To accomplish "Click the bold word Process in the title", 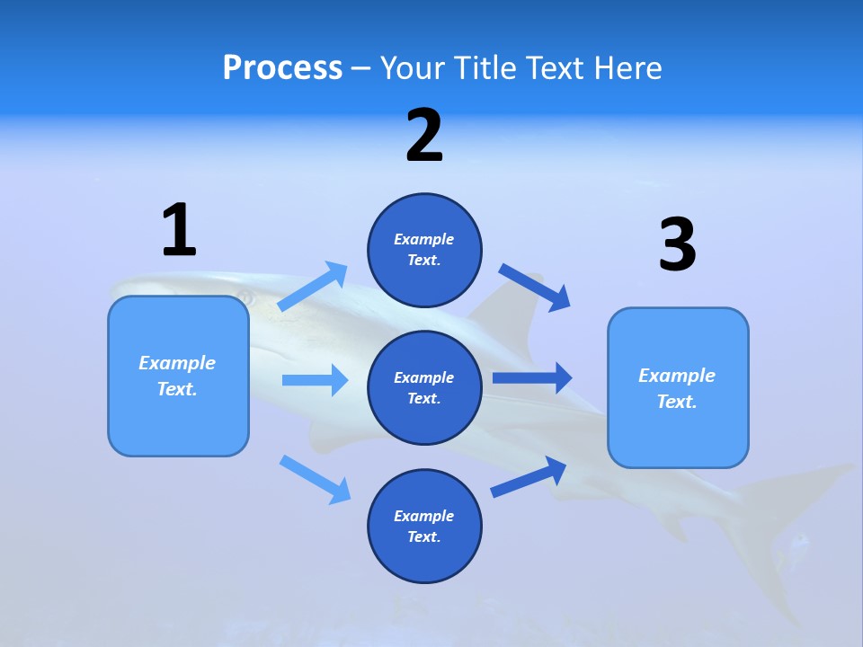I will click(282, 68).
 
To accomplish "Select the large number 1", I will click(179, 231).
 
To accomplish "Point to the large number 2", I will click(424, 136).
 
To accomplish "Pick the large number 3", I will click(677, 245).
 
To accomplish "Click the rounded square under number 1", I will click(178, 376).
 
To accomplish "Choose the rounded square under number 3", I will click(678, 387).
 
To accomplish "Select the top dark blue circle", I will click(424, 250).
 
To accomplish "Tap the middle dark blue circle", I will click(424, 387).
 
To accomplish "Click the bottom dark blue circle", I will click(424, 526).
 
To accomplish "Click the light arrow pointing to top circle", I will click(314, 287).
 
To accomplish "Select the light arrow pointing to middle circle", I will click(315, 380).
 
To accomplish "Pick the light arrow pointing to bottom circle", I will click(316, 479).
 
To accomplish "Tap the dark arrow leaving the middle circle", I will click(532, 378).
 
